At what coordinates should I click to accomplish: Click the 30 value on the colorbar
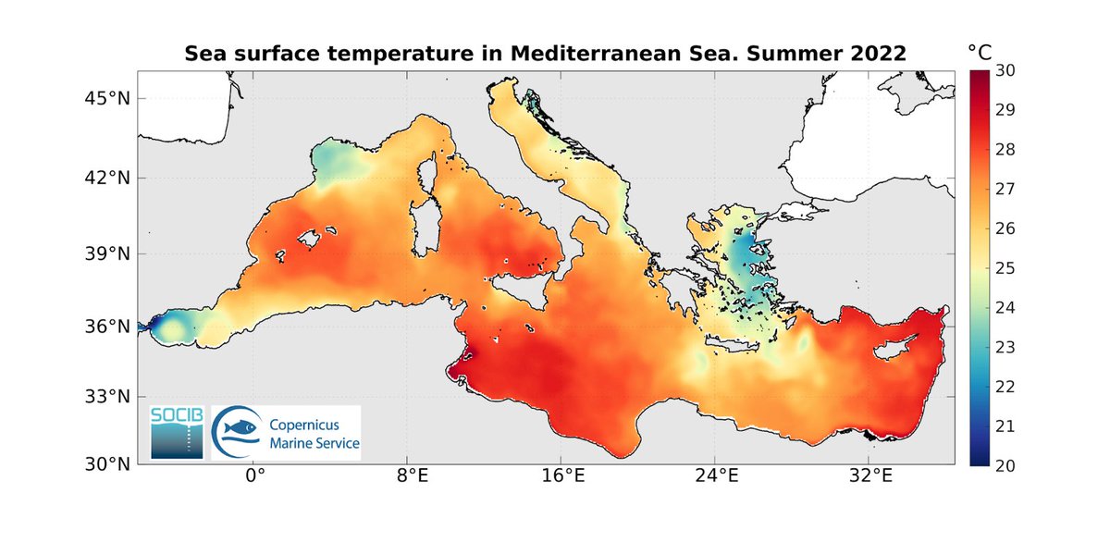(1005, 70)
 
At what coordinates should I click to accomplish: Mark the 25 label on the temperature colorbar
(1005, 268)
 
